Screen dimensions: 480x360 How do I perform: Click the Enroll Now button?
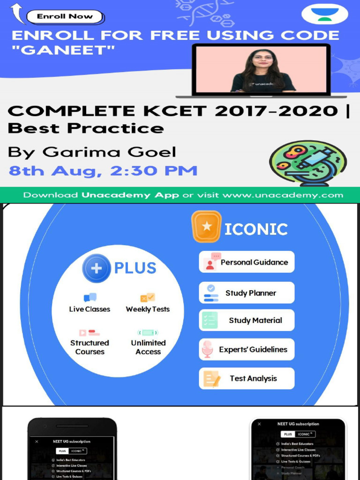click(x=65, y=16)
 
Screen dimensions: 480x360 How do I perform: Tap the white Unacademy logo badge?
click(x=325, y=14)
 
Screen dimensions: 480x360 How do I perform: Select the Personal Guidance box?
click(x=247, y=262)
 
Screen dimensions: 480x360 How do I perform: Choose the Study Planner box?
click(x=247, y=293)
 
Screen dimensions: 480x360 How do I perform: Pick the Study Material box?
click(x=247, y=321)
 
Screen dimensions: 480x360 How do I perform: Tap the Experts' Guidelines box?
click(x=247, y=350)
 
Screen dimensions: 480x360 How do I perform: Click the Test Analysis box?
click(x=247, y=379)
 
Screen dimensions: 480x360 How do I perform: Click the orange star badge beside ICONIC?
click(x=206, y=227)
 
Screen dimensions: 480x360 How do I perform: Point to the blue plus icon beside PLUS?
click(x=96, y=268)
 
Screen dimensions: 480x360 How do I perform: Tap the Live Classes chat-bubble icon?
click(x=90, y=298)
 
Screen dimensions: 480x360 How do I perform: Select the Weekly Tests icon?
click(x=148, y=298)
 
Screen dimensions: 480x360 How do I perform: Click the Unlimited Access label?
click(x=148, y=347)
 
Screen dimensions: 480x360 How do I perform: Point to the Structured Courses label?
click(x=90, y=347)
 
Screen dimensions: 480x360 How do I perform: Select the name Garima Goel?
click(x=110, y=152)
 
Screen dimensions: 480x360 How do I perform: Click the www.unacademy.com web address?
click(x=283, y=195)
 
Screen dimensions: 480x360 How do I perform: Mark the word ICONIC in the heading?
click(x=256, y=229)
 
